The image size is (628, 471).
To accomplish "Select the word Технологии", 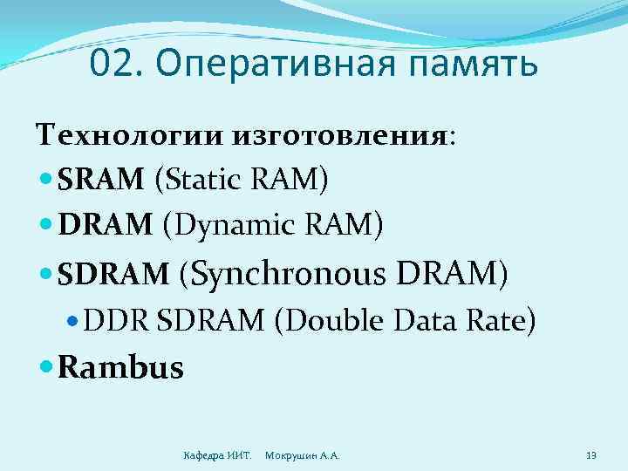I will (x=129, y=137).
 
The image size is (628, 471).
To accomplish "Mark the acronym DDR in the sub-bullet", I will (x=119, y=322).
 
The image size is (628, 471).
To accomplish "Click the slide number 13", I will (x=591, y=454).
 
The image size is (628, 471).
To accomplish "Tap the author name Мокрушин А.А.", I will (x=302, y=455).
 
